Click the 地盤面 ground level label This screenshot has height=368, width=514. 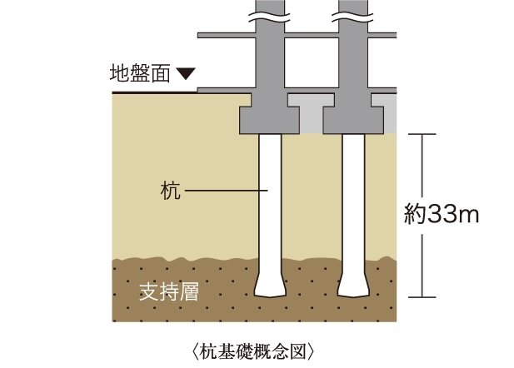point(140,74)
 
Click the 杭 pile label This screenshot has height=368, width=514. point(169,191)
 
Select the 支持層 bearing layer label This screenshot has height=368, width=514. point(167,293)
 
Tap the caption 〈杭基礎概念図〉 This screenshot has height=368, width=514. point(257,347)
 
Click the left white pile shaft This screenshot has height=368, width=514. point(269,200)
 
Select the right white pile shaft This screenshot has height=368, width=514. point(352,200)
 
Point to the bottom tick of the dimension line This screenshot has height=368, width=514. point(425,297)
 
